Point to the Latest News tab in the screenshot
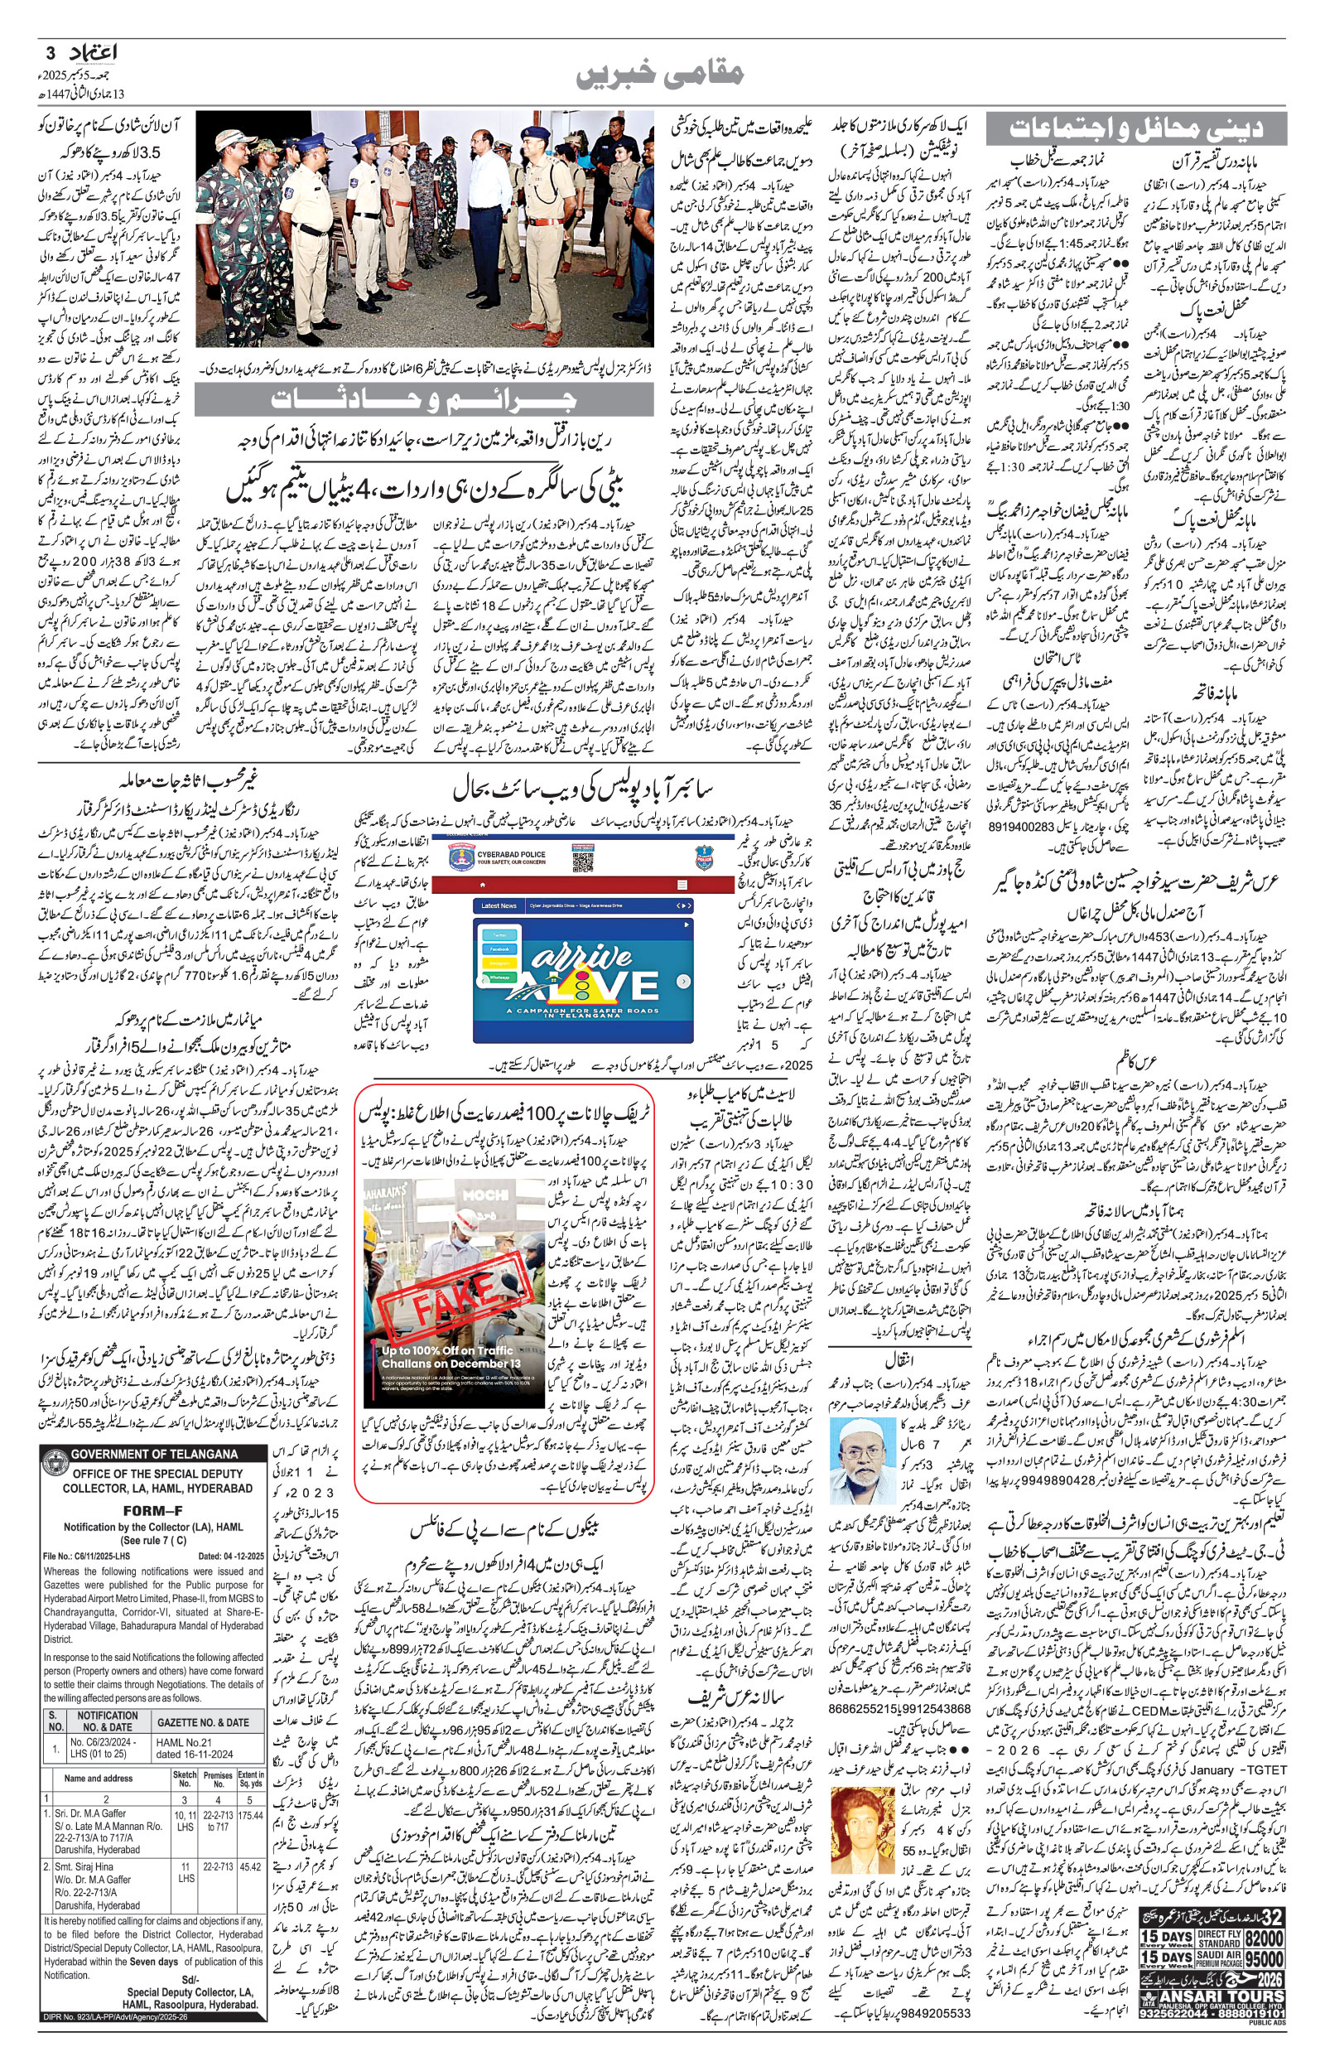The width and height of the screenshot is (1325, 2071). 499,906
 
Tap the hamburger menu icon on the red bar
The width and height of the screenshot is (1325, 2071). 682,885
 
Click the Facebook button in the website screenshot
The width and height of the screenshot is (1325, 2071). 499,949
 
